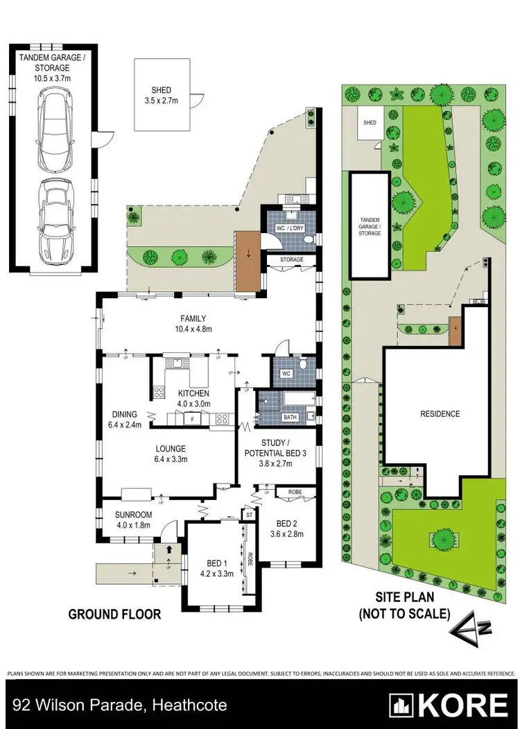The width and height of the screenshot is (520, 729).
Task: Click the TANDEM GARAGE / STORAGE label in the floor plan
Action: tap(53, 64)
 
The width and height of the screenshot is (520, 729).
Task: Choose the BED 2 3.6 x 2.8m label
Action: tap(286, 529)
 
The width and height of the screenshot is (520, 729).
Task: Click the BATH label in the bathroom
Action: tap(290, 418)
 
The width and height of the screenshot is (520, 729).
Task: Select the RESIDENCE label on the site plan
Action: tap(440, 414)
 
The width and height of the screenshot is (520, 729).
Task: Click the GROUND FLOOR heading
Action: tap(114, 614)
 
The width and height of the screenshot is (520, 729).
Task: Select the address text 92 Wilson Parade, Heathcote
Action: tap(118, 706)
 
